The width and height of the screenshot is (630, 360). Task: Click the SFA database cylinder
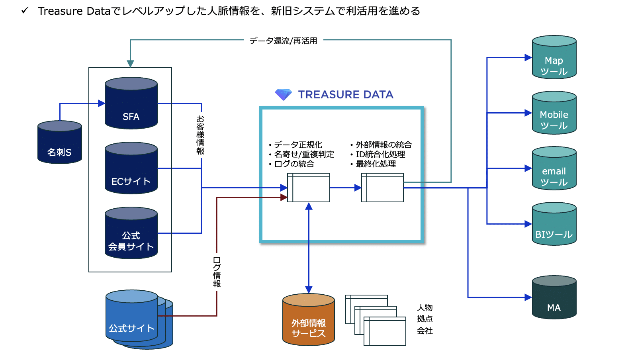[131, 103]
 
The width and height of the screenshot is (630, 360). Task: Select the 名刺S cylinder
[60, 143]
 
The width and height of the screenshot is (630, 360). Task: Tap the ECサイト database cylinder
[131, 168]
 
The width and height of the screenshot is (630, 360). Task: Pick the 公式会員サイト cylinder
[131, 233]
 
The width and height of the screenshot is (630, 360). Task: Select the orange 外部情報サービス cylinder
[309, 320]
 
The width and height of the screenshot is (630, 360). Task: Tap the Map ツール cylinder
[554, 58]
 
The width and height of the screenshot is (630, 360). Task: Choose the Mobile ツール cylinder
[554, 113]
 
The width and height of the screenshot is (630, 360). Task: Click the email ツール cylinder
[554, 168]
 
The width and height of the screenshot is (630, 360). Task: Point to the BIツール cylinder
[554, 224]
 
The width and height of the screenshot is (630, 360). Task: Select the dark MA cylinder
[554, 297]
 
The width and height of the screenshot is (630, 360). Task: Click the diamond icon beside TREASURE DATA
[284, 94]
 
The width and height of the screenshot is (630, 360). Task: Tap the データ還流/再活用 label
[283, 41]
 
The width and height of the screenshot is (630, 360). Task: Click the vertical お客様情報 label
[200, 135]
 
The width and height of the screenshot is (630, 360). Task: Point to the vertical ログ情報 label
[217, 272]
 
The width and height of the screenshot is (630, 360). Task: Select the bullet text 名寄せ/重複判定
[304, 154]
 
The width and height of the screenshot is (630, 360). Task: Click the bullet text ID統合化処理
[380, 154]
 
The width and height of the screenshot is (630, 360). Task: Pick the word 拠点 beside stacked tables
[425, 319]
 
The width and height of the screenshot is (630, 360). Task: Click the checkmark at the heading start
[25, 10]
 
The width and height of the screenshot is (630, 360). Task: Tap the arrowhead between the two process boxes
[358, 188]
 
